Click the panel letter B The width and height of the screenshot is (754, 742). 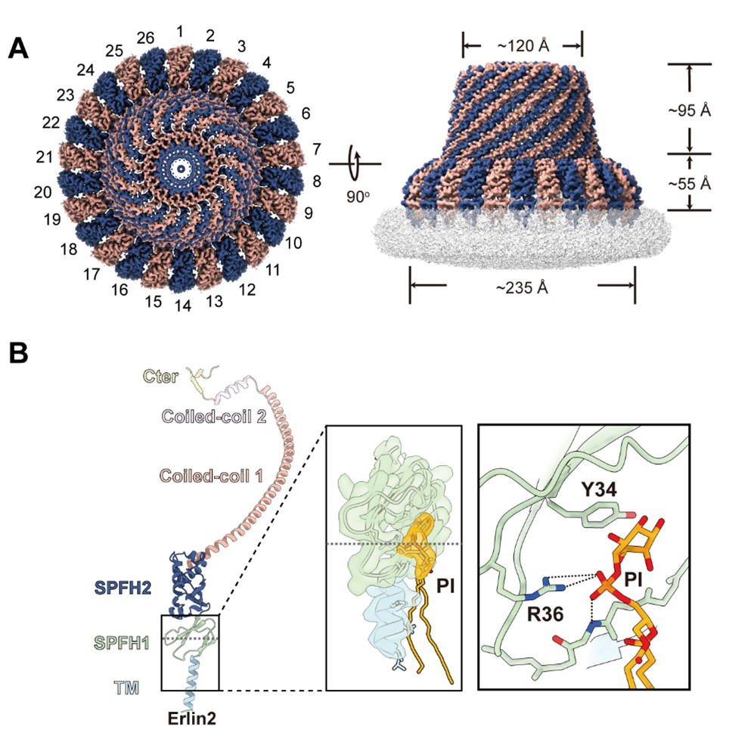(x=21, y=354)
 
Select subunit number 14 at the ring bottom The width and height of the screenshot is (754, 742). (x=179, y=306)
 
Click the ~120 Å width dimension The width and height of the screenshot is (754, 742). (x=522, y=47)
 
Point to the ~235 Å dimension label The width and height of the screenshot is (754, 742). (x=522, y=288)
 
